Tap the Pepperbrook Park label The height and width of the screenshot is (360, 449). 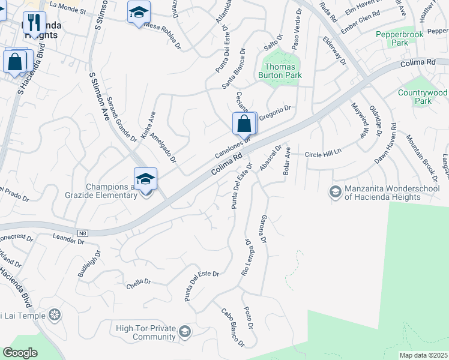(400, 38)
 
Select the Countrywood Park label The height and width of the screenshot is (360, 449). (423, 97)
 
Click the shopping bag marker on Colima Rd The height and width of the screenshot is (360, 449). (244, 124)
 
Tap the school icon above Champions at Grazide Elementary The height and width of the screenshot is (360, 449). (145, 179)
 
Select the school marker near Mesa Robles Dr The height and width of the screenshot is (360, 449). (139, 12)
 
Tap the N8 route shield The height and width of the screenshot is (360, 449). (83, 232)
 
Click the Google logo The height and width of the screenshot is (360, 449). (20, 353)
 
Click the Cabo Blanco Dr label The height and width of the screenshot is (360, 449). (232, 328)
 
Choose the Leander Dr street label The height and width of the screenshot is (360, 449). (69, 241)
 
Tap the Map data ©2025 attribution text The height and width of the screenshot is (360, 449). (424, 355)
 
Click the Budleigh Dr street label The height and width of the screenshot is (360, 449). (86, 265)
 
